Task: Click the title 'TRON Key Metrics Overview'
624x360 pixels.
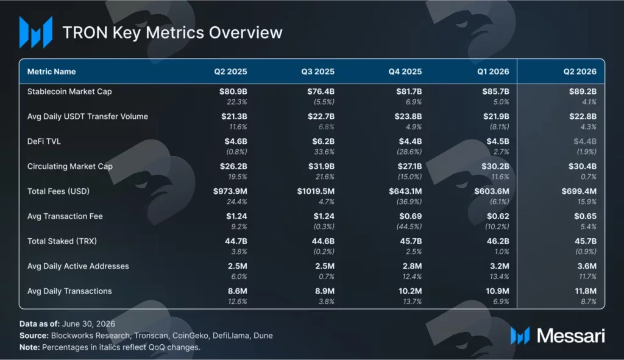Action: pos(172,33)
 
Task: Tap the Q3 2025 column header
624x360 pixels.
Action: pos(317,72)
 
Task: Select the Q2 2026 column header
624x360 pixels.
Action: pos(580,72)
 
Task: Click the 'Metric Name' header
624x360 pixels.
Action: pos(51,72)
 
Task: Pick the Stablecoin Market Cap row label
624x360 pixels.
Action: pos(69,91)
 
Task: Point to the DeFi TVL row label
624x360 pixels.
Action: pos(44,141)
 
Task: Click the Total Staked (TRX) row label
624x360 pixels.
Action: pos(62,241)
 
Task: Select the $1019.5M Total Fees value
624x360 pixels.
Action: pos(316,191)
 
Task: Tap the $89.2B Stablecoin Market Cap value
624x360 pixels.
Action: pos(583,91)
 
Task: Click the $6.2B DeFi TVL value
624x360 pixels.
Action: pos(323,141)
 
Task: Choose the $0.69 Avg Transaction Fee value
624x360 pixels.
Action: pos(410,216)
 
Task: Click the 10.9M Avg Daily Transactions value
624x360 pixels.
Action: pos(497,291)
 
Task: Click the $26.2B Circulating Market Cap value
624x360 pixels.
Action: pos(233,166)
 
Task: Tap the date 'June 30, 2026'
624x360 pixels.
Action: pos(88,324)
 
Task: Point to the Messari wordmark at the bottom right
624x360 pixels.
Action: pos(570,336)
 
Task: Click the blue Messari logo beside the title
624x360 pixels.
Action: pos(36,32)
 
